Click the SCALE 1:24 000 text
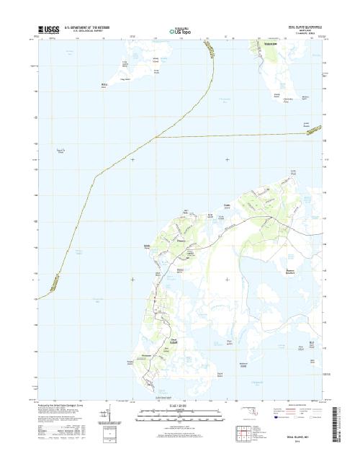179,407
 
